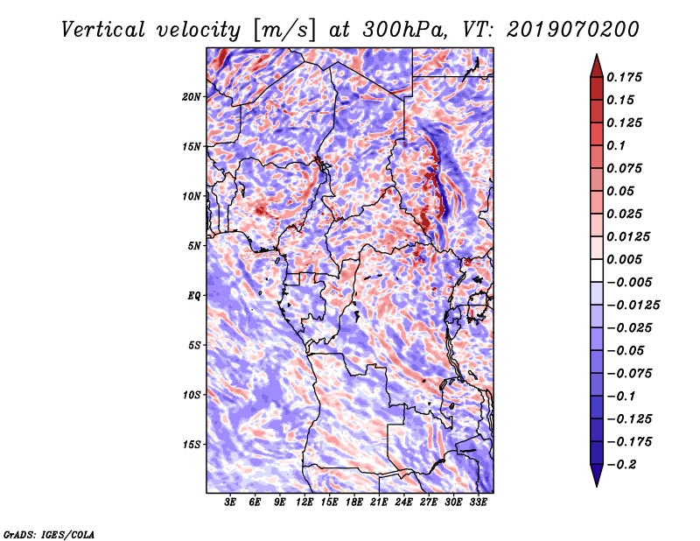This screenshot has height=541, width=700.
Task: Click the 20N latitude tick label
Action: coord(192,97)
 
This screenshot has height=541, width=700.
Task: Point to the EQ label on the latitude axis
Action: coord(194,296)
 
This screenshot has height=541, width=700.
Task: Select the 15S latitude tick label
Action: coord(192,445)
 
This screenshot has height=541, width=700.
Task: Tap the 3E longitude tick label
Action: coord(230,502)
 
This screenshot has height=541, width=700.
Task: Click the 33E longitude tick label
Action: coord(478,502)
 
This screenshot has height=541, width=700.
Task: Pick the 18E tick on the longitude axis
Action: coord(354,502)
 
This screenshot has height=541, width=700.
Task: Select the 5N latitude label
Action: coord(194,246)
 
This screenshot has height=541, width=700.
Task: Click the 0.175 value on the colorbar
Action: coord(624,77)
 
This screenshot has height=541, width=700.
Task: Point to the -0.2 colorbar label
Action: coord(621,465)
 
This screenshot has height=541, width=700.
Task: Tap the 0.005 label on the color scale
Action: coord(624,259)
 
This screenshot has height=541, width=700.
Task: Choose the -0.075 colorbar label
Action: coord(629,374)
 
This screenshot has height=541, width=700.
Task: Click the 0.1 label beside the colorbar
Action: coord(616,145)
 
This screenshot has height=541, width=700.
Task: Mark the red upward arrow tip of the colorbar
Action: coord(597,54)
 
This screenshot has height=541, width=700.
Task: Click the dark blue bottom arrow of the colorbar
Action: coord(597,474)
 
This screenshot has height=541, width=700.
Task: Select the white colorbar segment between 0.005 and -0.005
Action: coord(597,270)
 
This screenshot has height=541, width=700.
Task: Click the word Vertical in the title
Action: coord(103,30)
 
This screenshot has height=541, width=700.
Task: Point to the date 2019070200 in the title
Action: coord(573,30)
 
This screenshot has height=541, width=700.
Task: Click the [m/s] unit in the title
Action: coord(284,31)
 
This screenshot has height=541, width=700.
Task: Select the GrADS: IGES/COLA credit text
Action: coord(49,535)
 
